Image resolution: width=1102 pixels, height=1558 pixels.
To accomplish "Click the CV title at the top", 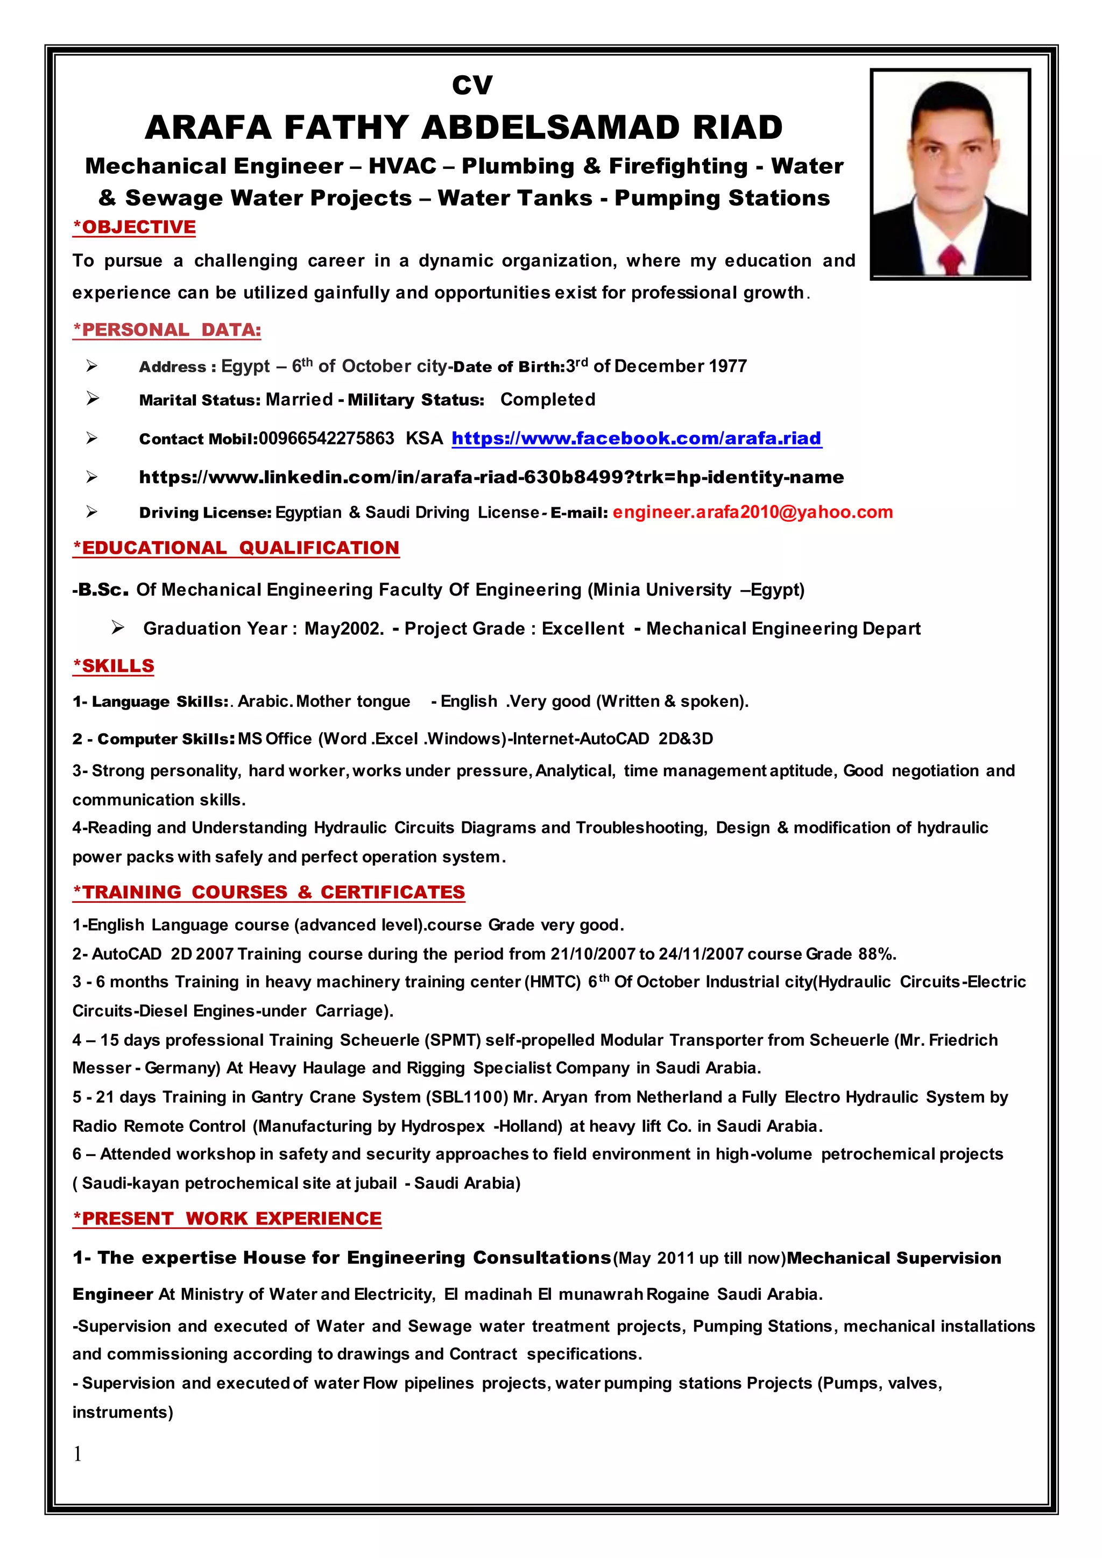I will tap(472, 86).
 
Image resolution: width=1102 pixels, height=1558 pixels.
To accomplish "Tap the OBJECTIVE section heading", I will tap(135, 228).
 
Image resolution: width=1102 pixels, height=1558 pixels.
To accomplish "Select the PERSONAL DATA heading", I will tap(167, 330).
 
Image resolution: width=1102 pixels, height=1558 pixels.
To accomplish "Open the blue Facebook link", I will tap(637, 438).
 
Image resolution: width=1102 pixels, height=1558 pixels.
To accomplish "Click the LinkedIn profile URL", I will tap(491, 477).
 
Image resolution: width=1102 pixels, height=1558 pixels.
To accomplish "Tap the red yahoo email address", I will tap(753, 512).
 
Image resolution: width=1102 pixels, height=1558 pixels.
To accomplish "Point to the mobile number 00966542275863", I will tap(327, 438).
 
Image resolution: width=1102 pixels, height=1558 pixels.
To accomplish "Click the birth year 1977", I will tap(727, 366).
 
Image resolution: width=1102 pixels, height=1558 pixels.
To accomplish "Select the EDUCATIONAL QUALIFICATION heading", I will tap(236, 548).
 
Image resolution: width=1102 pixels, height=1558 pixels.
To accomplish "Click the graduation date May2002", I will tap(343, 628).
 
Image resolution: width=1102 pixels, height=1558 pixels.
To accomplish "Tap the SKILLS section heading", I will tap(114, 665).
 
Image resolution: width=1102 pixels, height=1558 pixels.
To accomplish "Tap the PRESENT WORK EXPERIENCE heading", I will tap(227, 1219).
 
